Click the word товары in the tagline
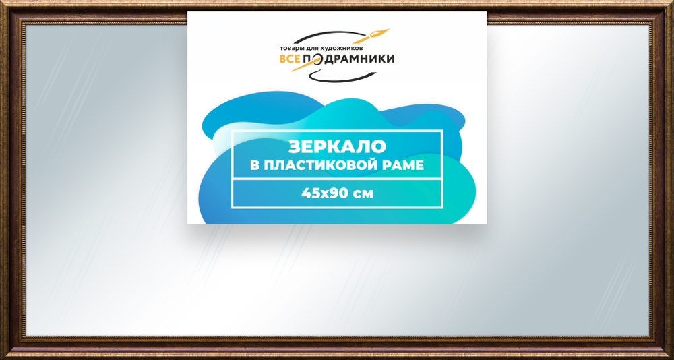point(291,49)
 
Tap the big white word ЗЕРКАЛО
point(336,146)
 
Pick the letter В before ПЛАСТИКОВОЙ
point(254,165)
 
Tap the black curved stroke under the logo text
point(337,75)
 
